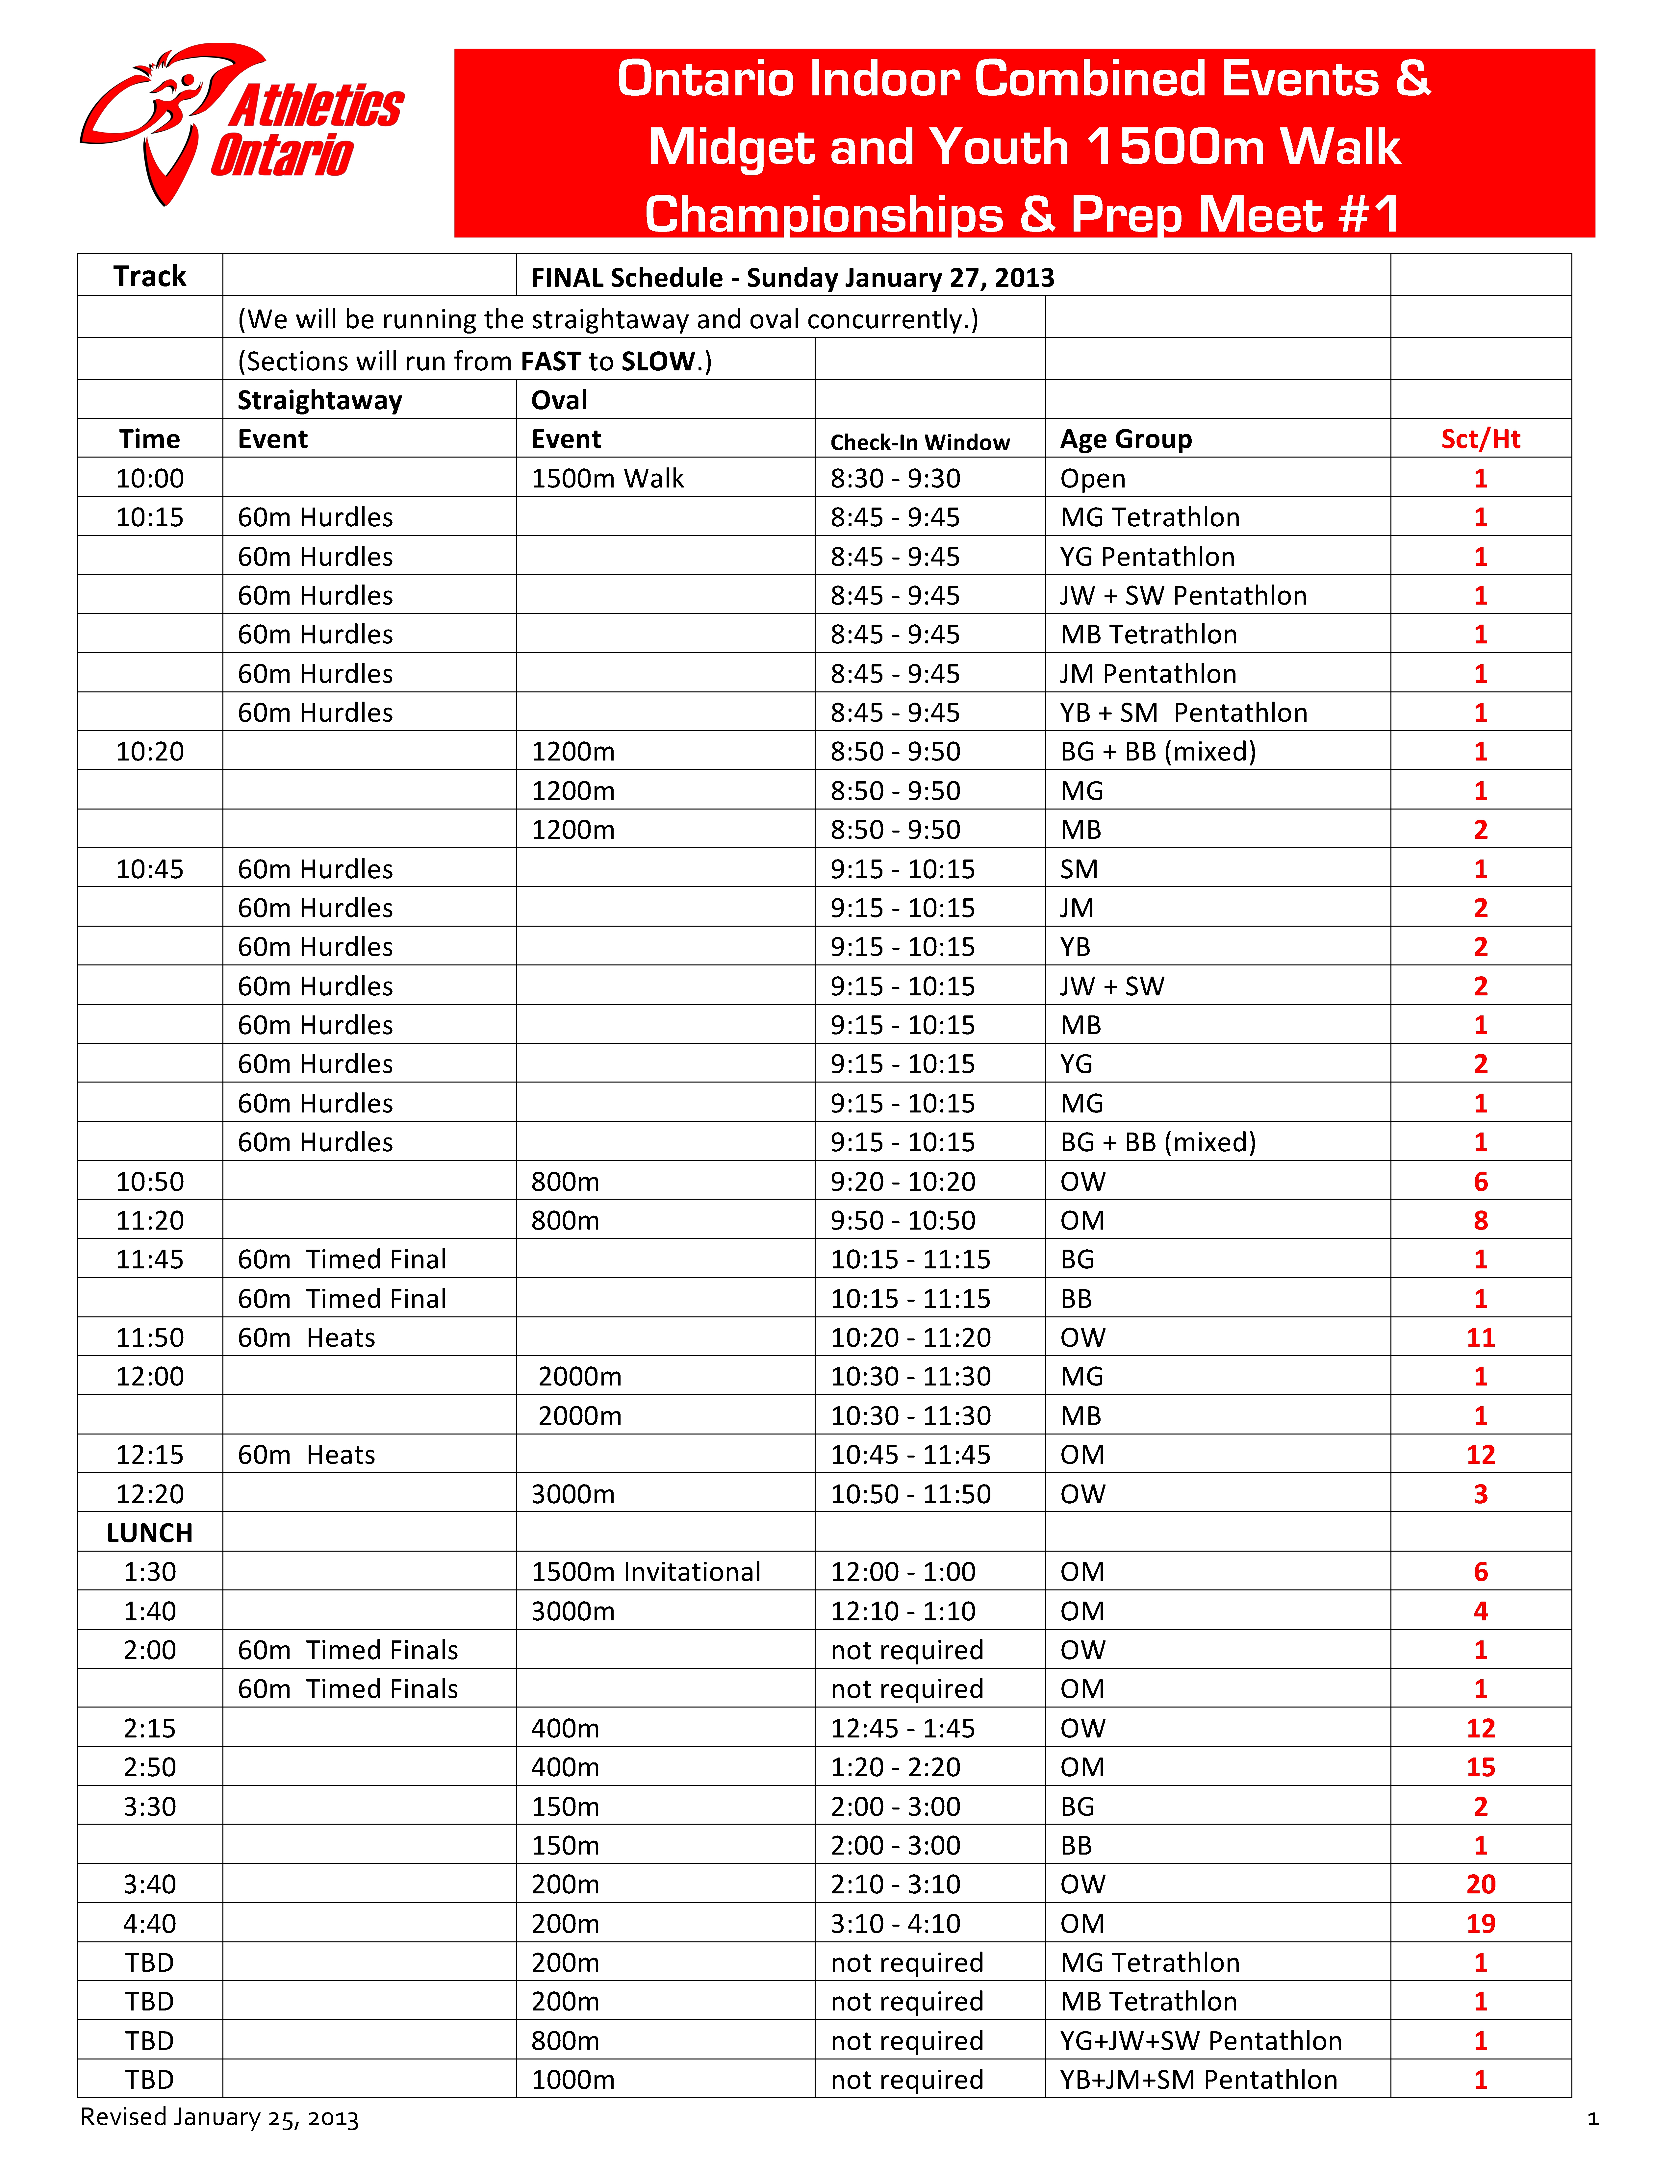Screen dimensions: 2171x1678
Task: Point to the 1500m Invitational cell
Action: pos(645,1572)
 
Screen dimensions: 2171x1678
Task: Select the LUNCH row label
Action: pos(149,1533)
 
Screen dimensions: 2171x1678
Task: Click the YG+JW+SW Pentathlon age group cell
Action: pos(1200,2040)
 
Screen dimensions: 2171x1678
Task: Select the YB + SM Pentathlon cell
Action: pos(1183,713)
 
